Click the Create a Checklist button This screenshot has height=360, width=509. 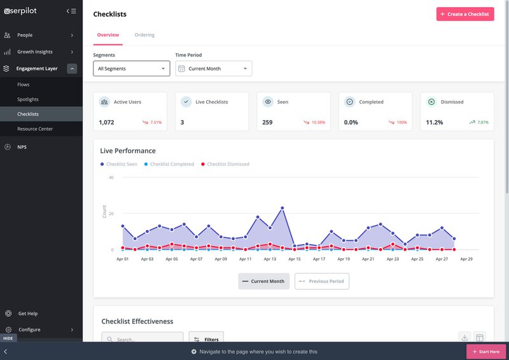click(464, 14)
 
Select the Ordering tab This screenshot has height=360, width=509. click(144, 35)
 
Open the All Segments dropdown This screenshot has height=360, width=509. click(131, 69)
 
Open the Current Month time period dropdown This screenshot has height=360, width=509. click(213, 69)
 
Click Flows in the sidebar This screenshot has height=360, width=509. click(24, 85)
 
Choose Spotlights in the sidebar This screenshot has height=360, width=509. click(28, 99)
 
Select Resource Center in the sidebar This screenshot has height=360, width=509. click(35, 129)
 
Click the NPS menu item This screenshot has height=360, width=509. click(22, 147)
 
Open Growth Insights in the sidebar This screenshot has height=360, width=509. click(35, 52)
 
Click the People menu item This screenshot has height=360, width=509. click(25, 35)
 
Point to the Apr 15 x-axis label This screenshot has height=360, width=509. click(294, 260)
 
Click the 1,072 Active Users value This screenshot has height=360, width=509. click(106, 122)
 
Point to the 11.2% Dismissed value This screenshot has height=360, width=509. click(435, 122)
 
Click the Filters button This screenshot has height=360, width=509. click(206, 340)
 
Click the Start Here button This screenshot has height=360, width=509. click(486, 352)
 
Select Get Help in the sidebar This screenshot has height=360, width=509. click(27, 314)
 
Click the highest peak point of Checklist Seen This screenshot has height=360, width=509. click(282, 208)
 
